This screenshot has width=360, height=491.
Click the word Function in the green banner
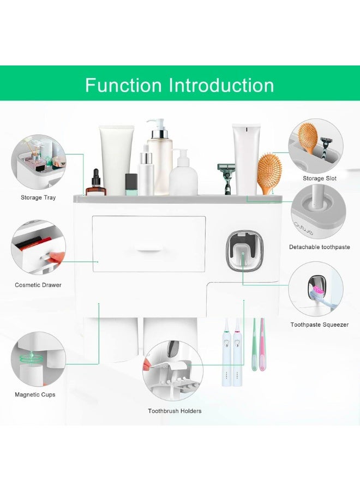click(x=123, y=85)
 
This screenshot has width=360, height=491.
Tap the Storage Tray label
click(x=38, y=197)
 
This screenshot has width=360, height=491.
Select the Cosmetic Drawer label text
click(x=38, y=285)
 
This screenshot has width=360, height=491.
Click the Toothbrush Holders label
click(x=175, y=411)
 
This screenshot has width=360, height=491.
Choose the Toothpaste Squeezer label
click(x=319, y=325)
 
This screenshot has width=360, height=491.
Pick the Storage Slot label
click(x=320, y=178)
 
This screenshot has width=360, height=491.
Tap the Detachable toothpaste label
click(x=319, y=247)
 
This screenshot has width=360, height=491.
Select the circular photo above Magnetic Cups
click(x=38, y=357)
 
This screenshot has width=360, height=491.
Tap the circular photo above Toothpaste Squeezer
click(x=316, y=289)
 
